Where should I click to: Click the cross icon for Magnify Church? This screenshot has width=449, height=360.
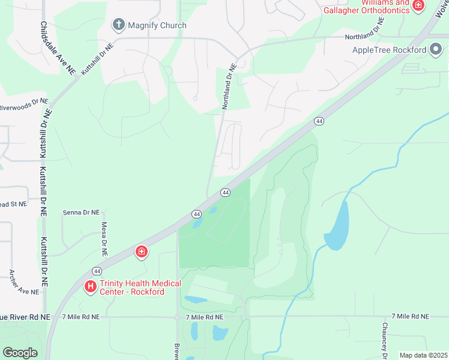(118, 25)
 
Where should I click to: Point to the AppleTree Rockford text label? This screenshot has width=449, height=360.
(389, 50)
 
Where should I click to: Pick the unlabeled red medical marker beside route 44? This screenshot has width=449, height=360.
(142, 251)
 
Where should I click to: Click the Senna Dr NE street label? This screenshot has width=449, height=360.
(81, 212)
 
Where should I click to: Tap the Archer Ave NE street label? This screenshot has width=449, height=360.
(24, 282)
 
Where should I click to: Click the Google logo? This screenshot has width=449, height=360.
(20, 353)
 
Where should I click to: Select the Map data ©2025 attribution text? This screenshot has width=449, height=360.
(423, 355)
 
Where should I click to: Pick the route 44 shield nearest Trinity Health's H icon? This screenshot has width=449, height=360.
(97, 271)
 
